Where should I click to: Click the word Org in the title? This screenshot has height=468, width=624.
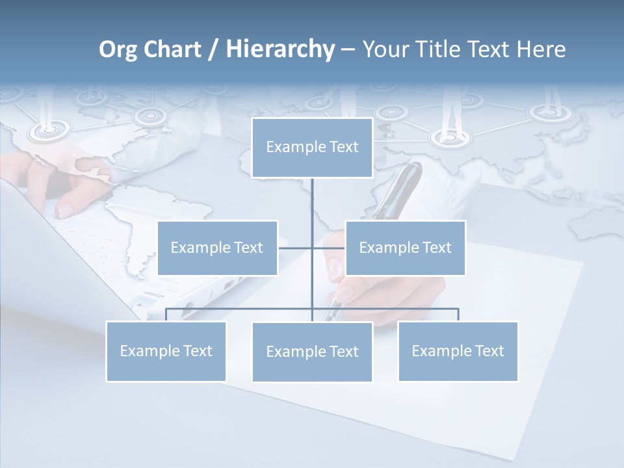118,49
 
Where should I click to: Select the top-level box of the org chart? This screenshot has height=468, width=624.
312,148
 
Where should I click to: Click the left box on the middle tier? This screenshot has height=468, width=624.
217,248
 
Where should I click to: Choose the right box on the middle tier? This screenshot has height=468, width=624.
405,248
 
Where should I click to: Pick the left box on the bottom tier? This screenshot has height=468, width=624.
166,351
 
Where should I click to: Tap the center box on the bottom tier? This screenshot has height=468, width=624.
312,352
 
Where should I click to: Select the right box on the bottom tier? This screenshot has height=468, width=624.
458,351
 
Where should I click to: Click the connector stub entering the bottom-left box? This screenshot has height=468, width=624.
166,315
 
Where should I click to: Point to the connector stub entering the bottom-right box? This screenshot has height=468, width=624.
458,315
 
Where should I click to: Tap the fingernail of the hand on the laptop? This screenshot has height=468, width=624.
66,210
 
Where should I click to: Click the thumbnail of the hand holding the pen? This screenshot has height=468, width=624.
335,267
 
